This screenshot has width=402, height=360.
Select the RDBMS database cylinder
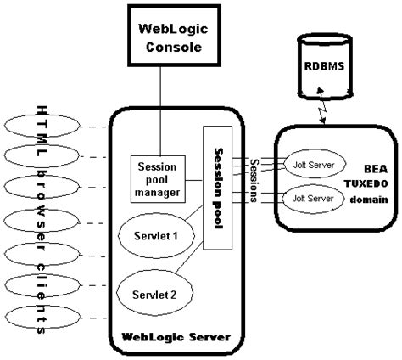pyautogui.click(x=325, y=66)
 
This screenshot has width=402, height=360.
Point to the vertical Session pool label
pyautogui.click(x=219, y=188)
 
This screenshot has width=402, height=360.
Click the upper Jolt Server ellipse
pyautogui.click(x=315, y=165)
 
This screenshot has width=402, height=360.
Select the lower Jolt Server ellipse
pyautogui.click(x=313, y=199)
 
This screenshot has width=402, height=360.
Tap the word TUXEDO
pyautogui.click(x=366, y=183)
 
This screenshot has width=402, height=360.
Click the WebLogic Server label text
pyautogui.click(x=176, y=337)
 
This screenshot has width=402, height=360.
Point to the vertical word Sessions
pyautogui.click(x=254, y=181)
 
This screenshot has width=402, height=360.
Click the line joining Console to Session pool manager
pyautogui.click(x=160, y=111)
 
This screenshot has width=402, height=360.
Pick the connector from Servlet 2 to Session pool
pyautogui.click(x=189, y=257)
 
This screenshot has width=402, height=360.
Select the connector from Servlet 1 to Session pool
pyautogui.click(x=194, y=212)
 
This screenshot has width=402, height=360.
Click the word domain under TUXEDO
pyautogui.click(x=369, y=200)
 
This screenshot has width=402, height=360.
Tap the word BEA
pyautogui.click(x=376, y=169)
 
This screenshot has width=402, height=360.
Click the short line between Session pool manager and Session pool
pyautogui.click(x=194, y=180)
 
